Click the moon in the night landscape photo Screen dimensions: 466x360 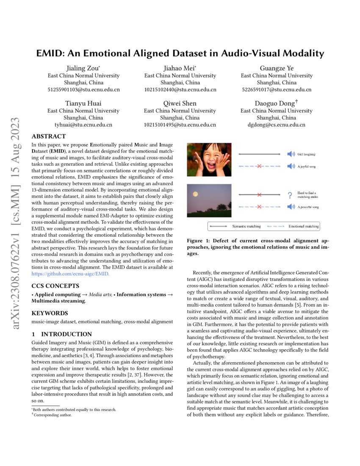pos(195,194)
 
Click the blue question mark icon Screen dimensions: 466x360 pos(290,195)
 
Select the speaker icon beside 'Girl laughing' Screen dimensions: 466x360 pos(291,155)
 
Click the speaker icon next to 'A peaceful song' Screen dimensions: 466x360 pos(291,207)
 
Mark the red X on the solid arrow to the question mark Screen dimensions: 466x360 pos(259,194)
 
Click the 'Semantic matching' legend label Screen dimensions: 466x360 pos(246,227)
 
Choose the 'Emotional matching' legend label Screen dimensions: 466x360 pos(303,227)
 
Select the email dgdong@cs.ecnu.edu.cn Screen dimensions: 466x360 pos(276,125)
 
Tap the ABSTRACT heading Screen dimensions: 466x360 pos(49,136)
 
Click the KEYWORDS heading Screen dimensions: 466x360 pos(50,313)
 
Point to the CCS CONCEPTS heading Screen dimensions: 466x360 pos(55,286)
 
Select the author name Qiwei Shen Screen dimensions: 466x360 pos(180,103)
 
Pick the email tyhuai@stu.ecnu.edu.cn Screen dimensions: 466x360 pos(83,125)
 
